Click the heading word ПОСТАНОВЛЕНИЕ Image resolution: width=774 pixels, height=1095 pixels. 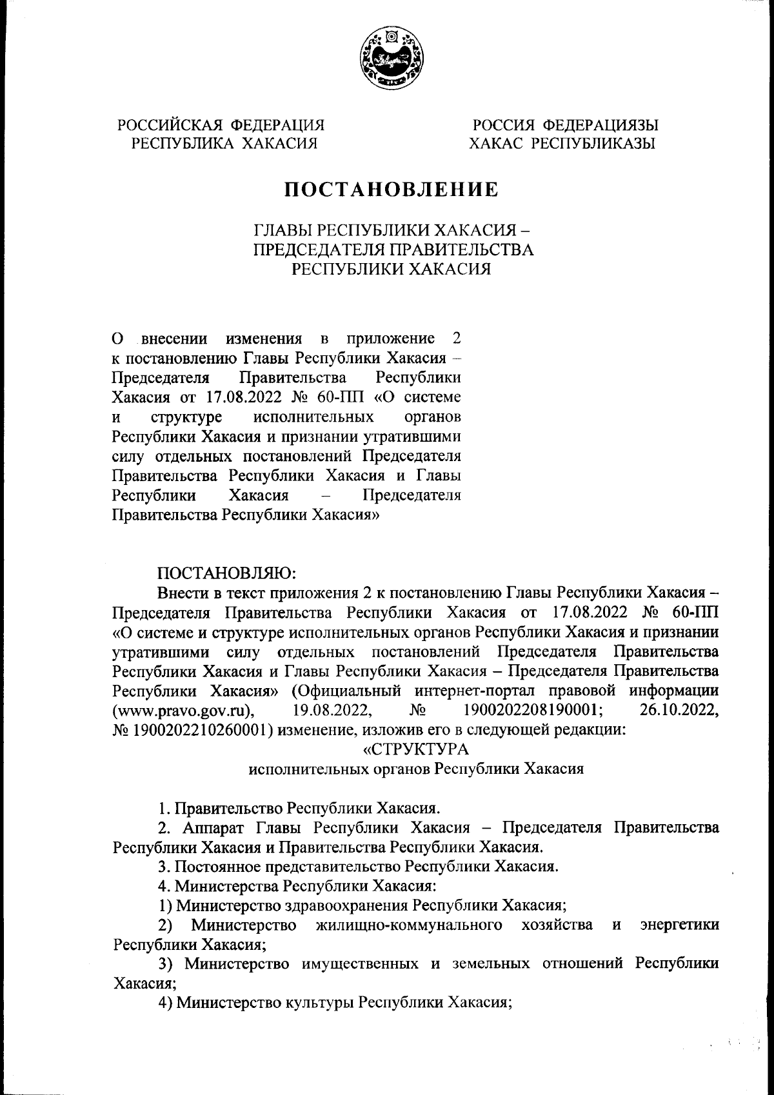click(393, 189)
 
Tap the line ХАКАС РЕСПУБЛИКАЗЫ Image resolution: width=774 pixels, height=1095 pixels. click(562, 143)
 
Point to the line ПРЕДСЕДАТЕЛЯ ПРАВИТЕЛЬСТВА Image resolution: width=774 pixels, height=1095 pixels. click(393, 249)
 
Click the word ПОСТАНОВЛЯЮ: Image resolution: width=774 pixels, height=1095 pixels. click(226, 573)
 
